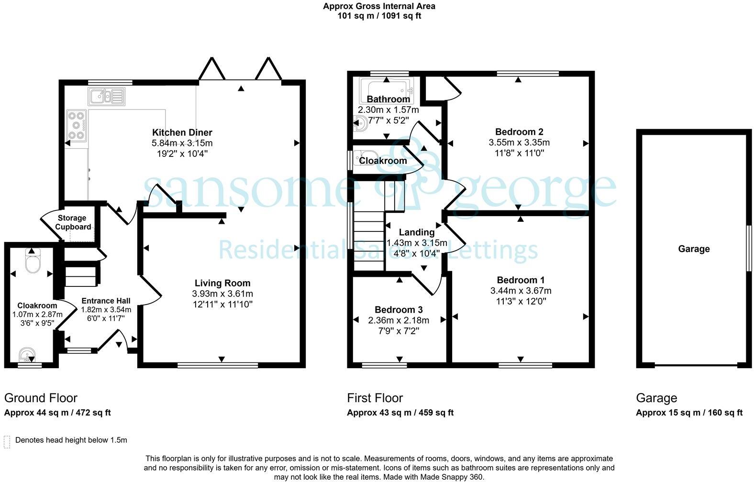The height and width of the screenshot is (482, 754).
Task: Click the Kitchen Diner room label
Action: (182, 132)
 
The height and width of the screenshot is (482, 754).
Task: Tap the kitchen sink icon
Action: (106, 97)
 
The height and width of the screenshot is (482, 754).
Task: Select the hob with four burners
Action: (77, 125)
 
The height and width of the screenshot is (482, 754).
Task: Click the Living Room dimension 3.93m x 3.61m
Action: (222, 294)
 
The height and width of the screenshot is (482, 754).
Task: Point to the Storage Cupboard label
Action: (72, 222)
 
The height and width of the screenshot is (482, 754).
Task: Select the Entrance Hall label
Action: (106, 301)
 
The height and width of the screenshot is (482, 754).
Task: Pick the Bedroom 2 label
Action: (519, 132)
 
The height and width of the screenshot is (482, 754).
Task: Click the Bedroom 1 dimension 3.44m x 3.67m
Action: (521, 291)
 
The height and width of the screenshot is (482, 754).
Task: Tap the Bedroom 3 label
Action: (399, 310)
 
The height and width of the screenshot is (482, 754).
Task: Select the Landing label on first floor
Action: (417, 232)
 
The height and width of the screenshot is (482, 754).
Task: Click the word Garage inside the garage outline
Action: (694, 249)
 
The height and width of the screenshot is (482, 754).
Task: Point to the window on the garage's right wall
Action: (749, 249)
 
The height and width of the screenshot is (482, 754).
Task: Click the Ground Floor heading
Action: (41, 398)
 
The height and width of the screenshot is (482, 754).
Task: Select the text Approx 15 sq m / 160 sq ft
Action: (689, 413)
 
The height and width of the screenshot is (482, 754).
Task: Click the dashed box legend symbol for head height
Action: (7, 441)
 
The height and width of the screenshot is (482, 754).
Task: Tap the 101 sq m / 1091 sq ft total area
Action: (379, 16)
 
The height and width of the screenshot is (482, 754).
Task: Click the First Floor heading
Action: (375, 398)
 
